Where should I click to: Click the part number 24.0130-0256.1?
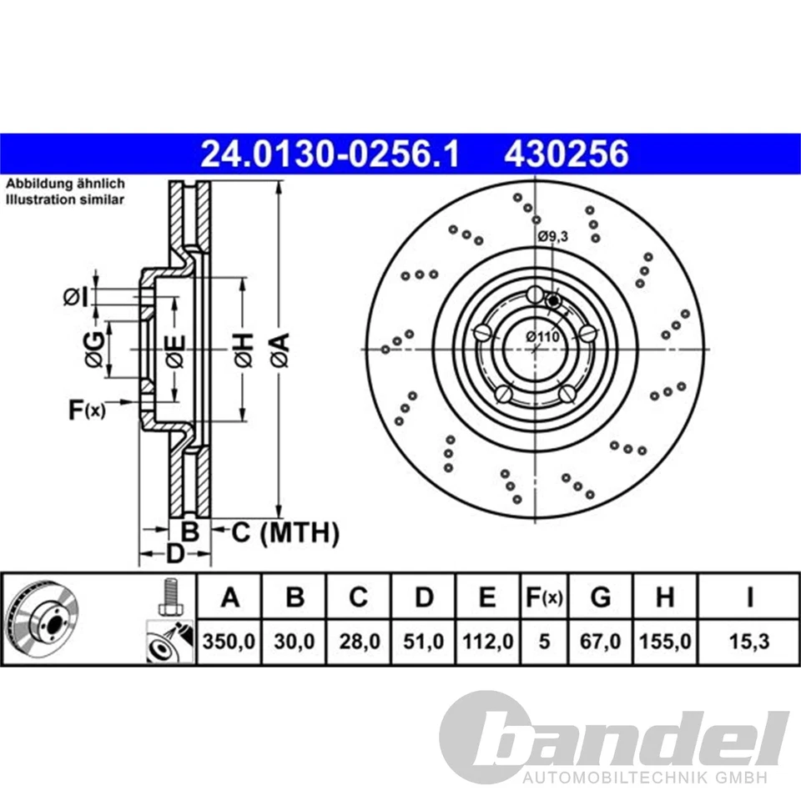coord(330,154)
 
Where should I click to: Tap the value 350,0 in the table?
coord(229,643)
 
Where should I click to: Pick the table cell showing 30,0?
coord(294,643)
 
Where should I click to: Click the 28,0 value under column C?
coord(358,643)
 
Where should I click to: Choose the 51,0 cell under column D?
coord(424,643)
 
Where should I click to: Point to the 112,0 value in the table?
coord(488,643)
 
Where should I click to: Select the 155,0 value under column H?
coord(665,643)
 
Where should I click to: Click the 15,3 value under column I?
coord(749,643)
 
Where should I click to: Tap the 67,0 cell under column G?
coord(600,643)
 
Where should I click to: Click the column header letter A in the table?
coord(229,598)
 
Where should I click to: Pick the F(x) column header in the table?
coord(543,598)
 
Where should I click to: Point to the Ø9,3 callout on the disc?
coord(552,237)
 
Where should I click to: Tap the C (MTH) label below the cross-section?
coord(285,532)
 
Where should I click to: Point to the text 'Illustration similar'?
coord(65,199)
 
